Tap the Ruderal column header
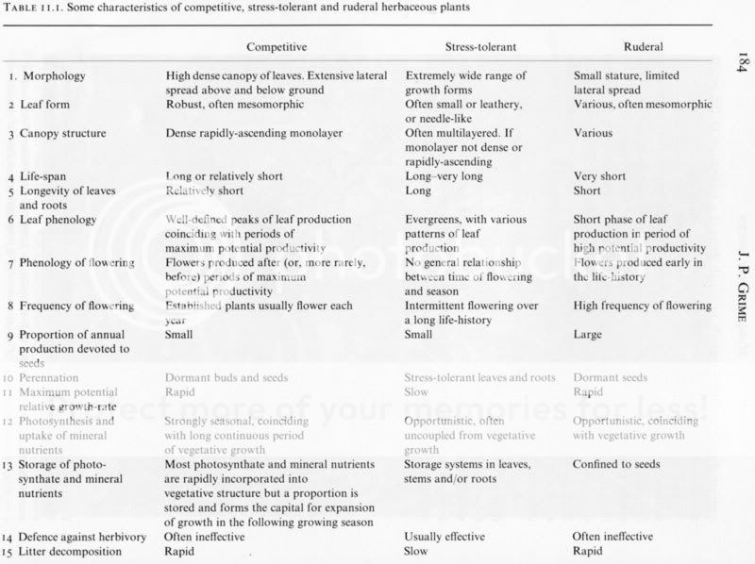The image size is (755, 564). pyautogui.click(x=643, y=46)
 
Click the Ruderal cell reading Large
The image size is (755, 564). pyautogui.click(x=589, y=334)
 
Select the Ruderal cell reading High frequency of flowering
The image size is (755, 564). pyautogui.click(x=642, y=306)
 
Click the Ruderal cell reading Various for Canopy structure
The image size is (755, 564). pyautogui.click(x=593, y=133)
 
